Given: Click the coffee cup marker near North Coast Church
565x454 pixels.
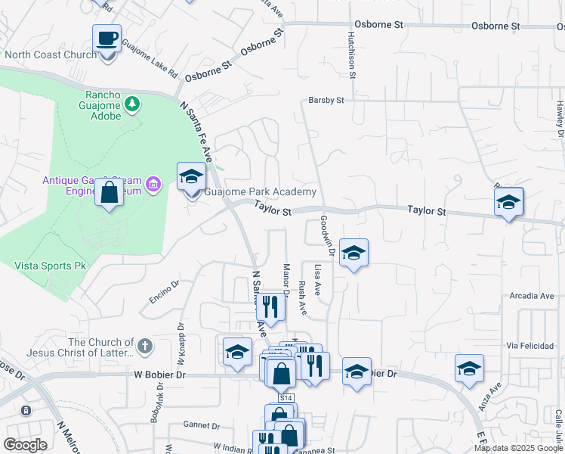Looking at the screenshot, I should click(107, 38).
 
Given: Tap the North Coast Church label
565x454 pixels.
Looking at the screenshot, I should click(51, 54).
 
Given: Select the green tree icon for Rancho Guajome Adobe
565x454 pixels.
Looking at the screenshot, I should click(132, 103).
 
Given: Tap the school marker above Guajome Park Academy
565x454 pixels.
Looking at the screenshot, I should click(191, 178).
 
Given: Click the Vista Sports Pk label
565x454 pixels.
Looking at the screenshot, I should click(51, 266).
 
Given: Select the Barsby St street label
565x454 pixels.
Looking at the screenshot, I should click(326, 100).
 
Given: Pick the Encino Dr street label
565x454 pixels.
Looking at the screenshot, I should click(163, 293).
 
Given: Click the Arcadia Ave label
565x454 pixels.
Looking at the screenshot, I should click(532, 296).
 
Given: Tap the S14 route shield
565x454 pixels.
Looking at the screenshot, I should click(286, 397).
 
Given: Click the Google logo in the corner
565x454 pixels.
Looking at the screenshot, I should click(25, 445).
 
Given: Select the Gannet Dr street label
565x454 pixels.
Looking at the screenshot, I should click(202, 426).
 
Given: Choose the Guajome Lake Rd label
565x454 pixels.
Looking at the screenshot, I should click(149, 57).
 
